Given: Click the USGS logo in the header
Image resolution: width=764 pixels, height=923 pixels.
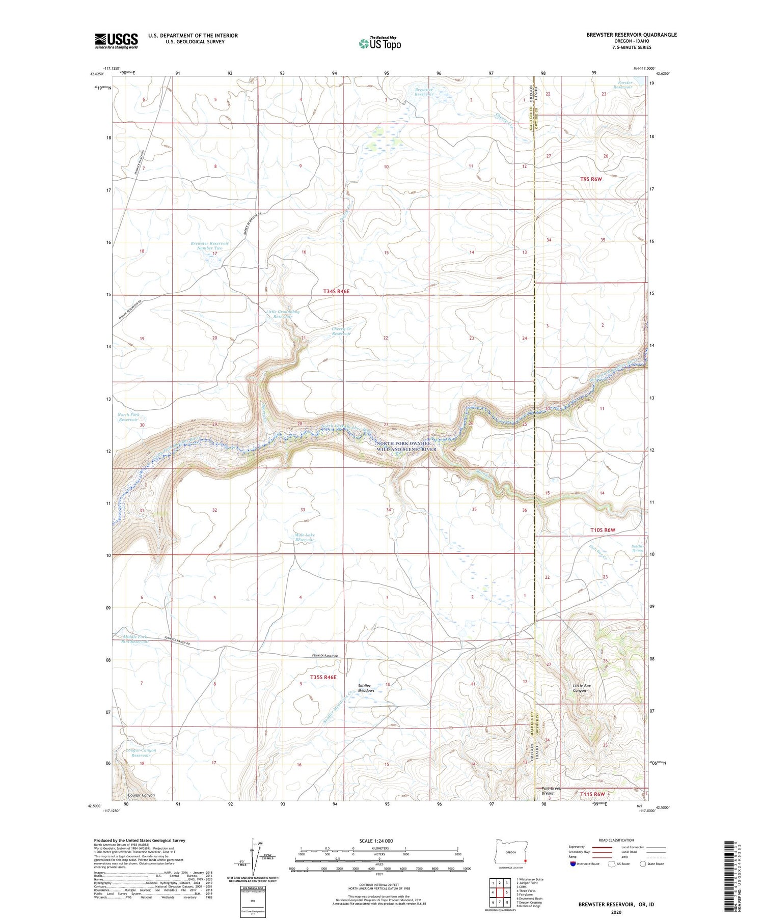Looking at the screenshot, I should coord(116,41).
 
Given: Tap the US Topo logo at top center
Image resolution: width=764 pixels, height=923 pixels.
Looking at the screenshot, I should coord(379,43).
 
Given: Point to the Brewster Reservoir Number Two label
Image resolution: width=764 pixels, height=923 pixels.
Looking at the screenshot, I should coord(210,245).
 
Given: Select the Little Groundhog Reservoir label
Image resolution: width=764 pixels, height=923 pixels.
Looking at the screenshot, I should coord(282,314).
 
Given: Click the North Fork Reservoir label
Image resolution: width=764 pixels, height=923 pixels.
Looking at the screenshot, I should coord(128,417).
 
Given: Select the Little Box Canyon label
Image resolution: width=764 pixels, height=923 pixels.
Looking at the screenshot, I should coord(582,688).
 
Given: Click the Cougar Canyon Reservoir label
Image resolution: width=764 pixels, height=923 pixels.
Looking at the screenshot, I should coord(141,752).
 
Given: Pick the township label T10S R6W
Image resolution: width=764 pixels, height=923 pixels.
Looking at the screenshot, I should coord(603,530).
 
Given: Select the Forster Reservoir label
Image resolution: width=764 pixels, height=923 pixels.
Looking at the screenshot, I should coord(622,85).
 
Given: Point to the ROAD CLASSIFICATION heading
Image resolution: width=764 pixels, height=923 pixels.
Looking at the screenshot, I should coord(616,840).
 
